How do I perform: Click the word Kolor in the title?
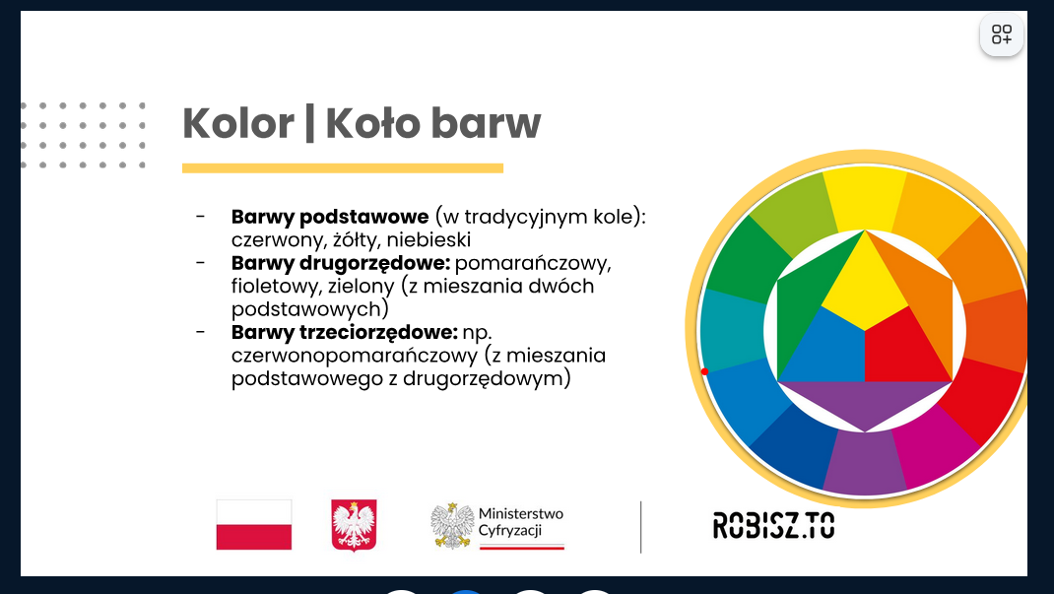tap(238, 123)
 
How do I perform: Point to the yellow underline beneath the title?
tap(343, 168)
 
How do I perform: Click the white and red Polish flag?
tap(254, 525)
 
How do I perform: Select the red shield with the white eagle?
tap(354, 525)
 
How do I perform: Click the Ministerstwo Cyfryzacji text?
tap(521, 522)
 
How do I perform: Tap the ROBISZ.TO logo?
tap(773, 525)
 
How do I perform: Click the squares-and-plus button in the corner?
tap(1002, 34)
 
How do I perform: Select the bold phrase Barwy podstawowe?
tap(330, 217)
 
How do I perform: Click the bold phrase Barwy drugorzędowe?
tap(341, 263)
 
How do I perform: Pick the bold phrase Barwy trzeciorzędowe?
tap(344, 332)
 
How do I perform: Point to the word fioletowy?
tap(276, 287)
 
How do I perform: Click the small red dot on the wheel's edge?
tap(704, 371)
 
